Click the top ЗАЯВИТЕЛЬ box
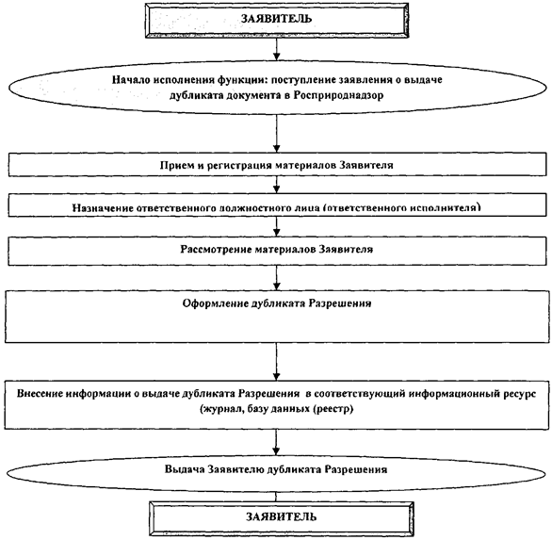point(277,20)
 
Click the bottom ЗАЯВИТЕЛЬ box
point(281,518)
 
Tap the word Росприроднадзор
point(339,95)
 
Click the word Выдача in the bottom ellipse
point(185,469)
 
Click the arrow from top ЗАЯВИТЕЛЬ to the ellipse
point(277,49)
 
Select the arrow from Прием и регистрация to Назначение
point(277,185)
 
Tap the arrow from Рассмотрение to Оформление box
point(277,278)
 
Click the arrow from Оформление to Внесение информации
point(277,361)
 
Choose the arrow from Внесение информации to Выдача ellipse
point(276,442)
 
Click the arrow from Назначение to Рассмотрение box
point(277,226)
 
